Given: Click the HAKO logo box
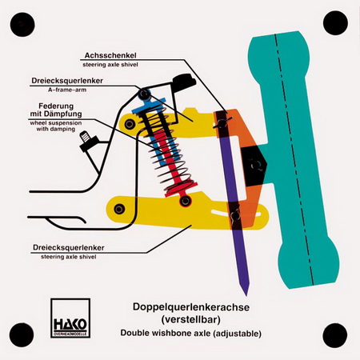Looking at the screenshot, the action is tap(70, 318).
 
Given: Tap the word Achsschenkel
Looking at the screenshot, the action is tap(110, 55).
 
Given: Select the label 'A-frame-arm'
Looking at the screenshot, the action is tap(67, 90).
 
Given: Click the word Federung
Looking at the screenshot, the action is tap(56, 106).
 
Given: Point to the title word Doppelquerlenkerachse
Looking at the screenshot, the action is tap(191, 307).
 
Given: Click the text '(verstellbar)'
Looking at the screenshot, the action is tap(191, 319).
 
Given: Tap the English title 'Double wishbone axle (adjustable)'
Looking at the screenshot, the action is tap(191, 333).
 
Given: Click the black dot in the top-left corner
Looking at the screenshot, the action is tap(22, 24).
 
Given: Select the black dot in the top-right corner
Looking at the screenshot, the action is tap(335, 23).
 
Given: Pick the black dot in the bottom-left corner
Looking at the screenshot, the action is tap(22, 334).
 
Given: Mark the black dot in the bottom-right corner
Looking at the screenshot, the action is tap(335, 335).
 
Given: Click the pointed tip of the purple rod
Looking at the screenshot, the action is tap(246, 294).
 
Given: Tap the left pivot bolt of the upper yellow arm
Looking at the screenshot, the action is tap(130, 124).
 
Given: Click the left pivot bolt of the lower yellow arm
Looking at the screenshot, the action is tap(119, 209).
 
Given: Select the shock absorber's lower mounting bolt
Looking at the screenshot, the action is tap(185, 201).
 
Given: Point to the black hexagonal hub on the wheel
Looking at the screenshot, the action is tap(254, 166).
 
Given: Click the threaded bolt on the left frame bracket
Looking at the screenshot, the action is tap(86, 137).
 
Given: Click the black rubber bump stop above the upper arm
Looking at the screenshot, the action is tap(184, 80).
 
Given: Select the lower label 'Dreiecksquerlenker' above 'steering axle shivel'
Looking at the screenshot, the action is tap(69, 247).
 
